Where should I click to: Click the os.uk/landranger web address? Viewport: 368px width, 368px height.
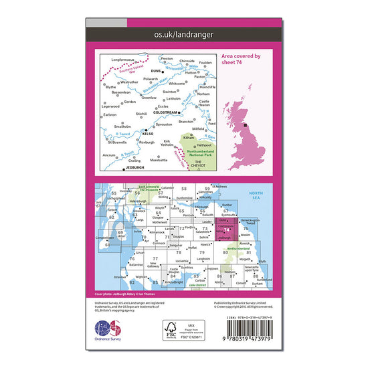coord(184,33)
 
